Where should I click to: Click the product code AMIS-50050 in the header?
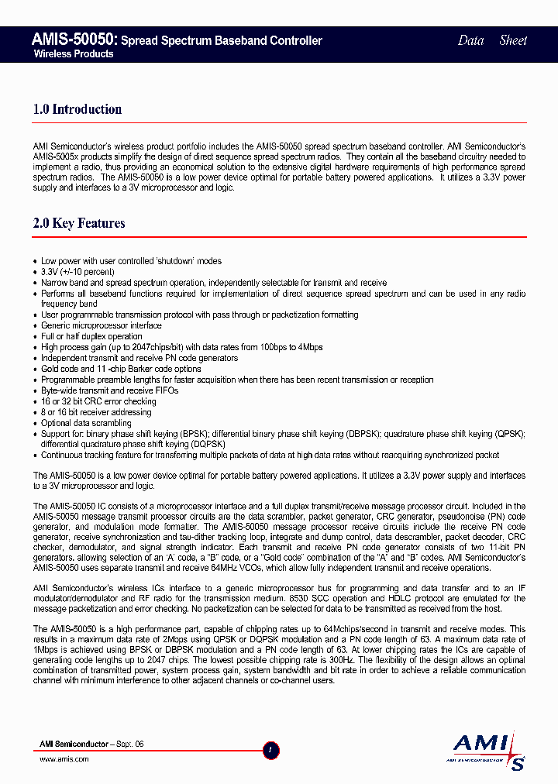coord(74,40)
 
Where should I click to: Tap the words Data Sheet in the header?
coord(492,40)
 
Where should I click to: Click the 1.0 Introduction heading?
coord(77,109)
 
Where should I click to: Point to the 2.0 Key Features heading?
coord(79,223)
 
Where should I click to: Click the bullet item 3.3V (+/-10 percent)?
coord(77,272)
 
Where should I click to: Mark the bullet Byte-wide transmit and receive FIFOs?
coord(109,390)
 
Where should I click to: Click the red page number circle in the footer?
coord(271,750)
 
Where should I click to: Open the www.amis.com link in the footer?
coord(64,759)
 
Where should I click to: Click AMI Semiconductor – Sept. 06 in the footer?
coord(91,744)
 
